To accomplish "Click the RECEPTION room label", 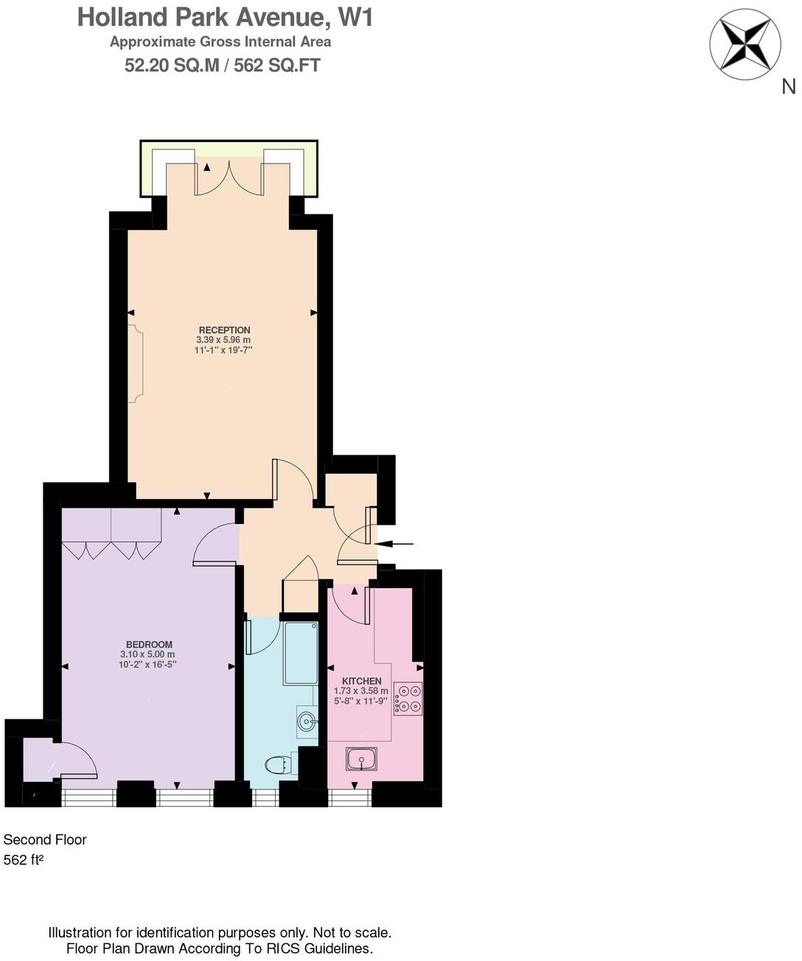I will click(x=224, y=330).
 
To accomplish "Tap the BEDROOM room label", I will click(x=149, y=644).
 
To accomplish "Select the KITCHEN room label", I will click(x=362, y=681).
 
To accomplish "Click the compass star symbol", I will click(x=745, y=45).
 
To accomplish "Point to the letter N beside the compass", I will click(x=789, y=86).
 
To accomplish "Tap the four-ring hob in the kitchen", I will click(x=408, y=699).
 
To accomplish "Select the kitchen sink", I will click(x=361, y=758).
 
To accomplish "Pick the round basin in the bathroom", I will click(x=307, y=721).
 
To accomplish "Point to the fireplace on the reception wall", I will click(x=136, y=364).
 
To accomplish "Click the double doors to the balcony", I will click(x=228, y=179).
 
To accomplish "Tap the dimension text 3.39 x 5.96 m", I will click(x=223, y=340).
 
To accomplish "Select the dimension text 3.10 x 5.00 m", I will click(x=147, y=654).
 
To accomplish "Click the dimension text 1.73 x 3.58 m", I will click(x=360, y=691).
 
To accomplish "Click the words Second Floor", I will click(x=45, y=839).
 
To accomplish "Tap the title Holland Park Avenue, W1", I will click(x=225, y=17).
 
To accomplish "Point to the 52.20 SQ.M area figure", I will click(x=171, y=66).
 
